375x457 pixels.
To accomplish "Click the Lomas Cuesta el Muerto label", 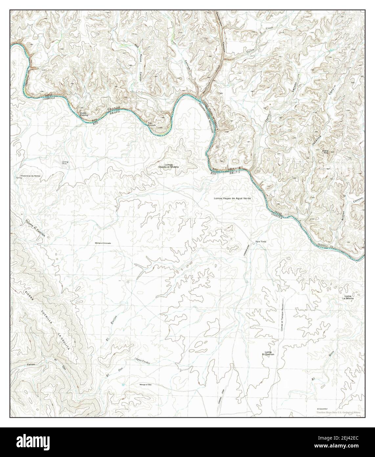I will tap(169, 166).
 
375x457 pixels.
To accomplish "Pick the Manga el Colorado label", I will tap(102, 243).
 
